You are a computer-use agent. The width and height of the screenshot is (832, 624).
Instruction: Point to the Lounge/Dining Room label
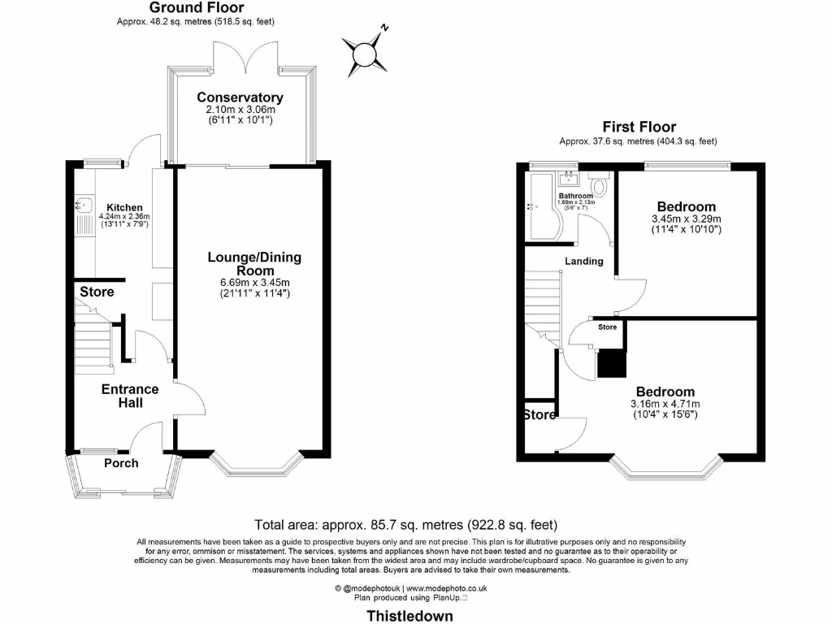click(x=254, y=264)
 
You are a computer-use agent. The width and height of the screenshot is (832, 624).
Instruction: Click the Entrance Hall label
click(x=129, y=396)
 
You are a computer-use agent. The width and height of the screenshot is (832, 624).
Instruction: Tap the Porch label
click(x=121, y=463)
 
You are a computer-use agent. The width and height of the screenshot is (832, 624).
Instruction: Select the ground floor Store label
click(x=97, y=292)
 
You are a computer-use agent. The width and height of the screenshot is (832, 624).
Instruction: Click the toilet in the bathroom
click(x=600, y=185)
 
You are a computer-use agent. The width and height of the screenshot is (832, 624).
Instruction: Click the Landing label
click(x=584, y=261)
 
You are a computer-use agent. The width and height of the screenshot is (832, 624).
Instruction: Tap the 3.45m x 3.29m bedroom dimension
click(x=687, y=219)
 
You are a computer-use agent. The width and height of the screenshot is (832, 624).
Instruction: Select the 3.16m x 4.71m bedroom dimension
click(x=665, y=404)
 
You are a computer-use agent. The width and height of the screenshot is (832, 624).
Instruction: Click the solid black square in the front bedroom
click(x=610, y=363)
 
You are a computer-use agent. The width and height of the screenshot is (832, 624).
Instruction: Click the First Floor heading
click(x=639, y=127)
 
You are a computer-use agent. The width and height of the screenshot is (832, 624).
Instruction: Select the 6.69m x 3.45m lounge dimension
click(x=254, y=282)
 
